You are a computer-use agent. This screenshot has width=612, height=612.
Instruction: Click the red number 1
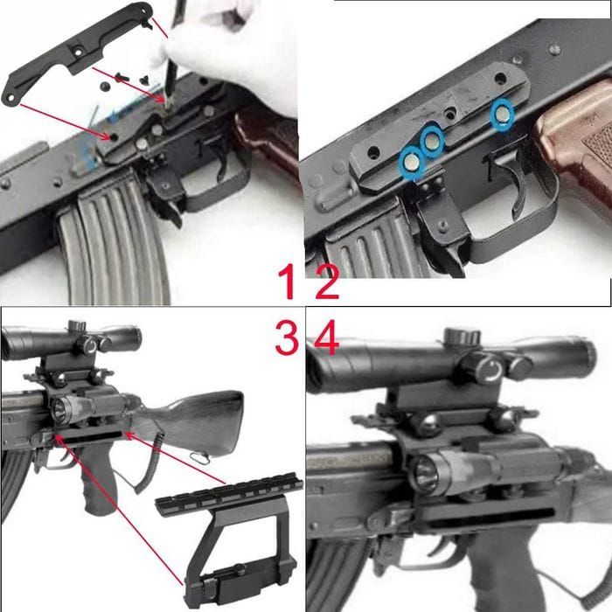pos(289,281)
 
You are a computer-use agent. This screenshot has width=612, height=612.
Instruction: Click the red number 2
pos(327,281)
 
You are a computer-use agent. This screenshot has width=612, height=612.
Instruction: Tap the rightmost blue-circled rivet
pos(502,114)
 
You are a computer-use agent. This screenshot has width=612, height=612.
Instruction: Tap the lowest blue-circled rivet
pos(411,163)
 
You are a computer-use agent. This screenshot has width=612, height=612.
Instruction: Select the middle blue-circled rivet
pos(432,142)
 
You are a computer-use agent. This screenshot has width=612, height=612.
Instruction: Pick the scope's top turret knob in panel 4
pos(462,335)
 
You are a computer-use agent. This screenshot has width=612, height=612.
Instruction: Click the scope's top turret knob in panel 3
pos(77,324)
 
